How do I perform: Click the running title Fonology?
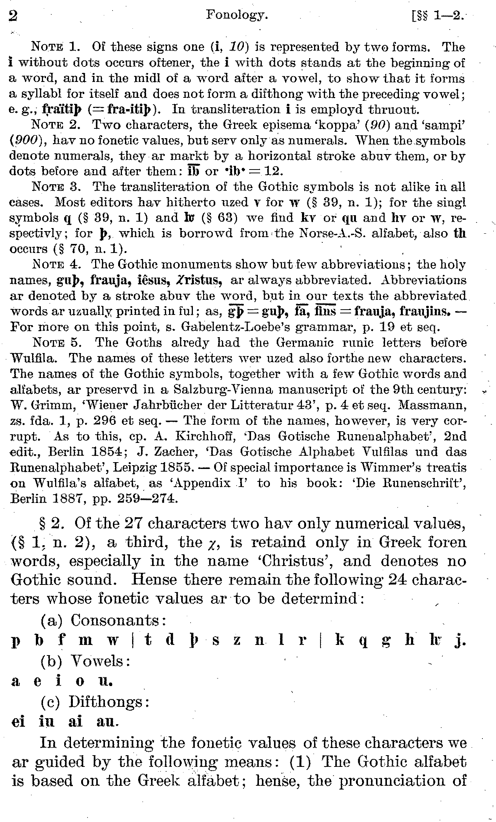click(x=237, y=15)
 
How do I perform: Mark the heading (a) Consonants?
click(x=104, y=620)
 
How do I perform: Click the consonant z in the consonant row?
click(x=237, y=641)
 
